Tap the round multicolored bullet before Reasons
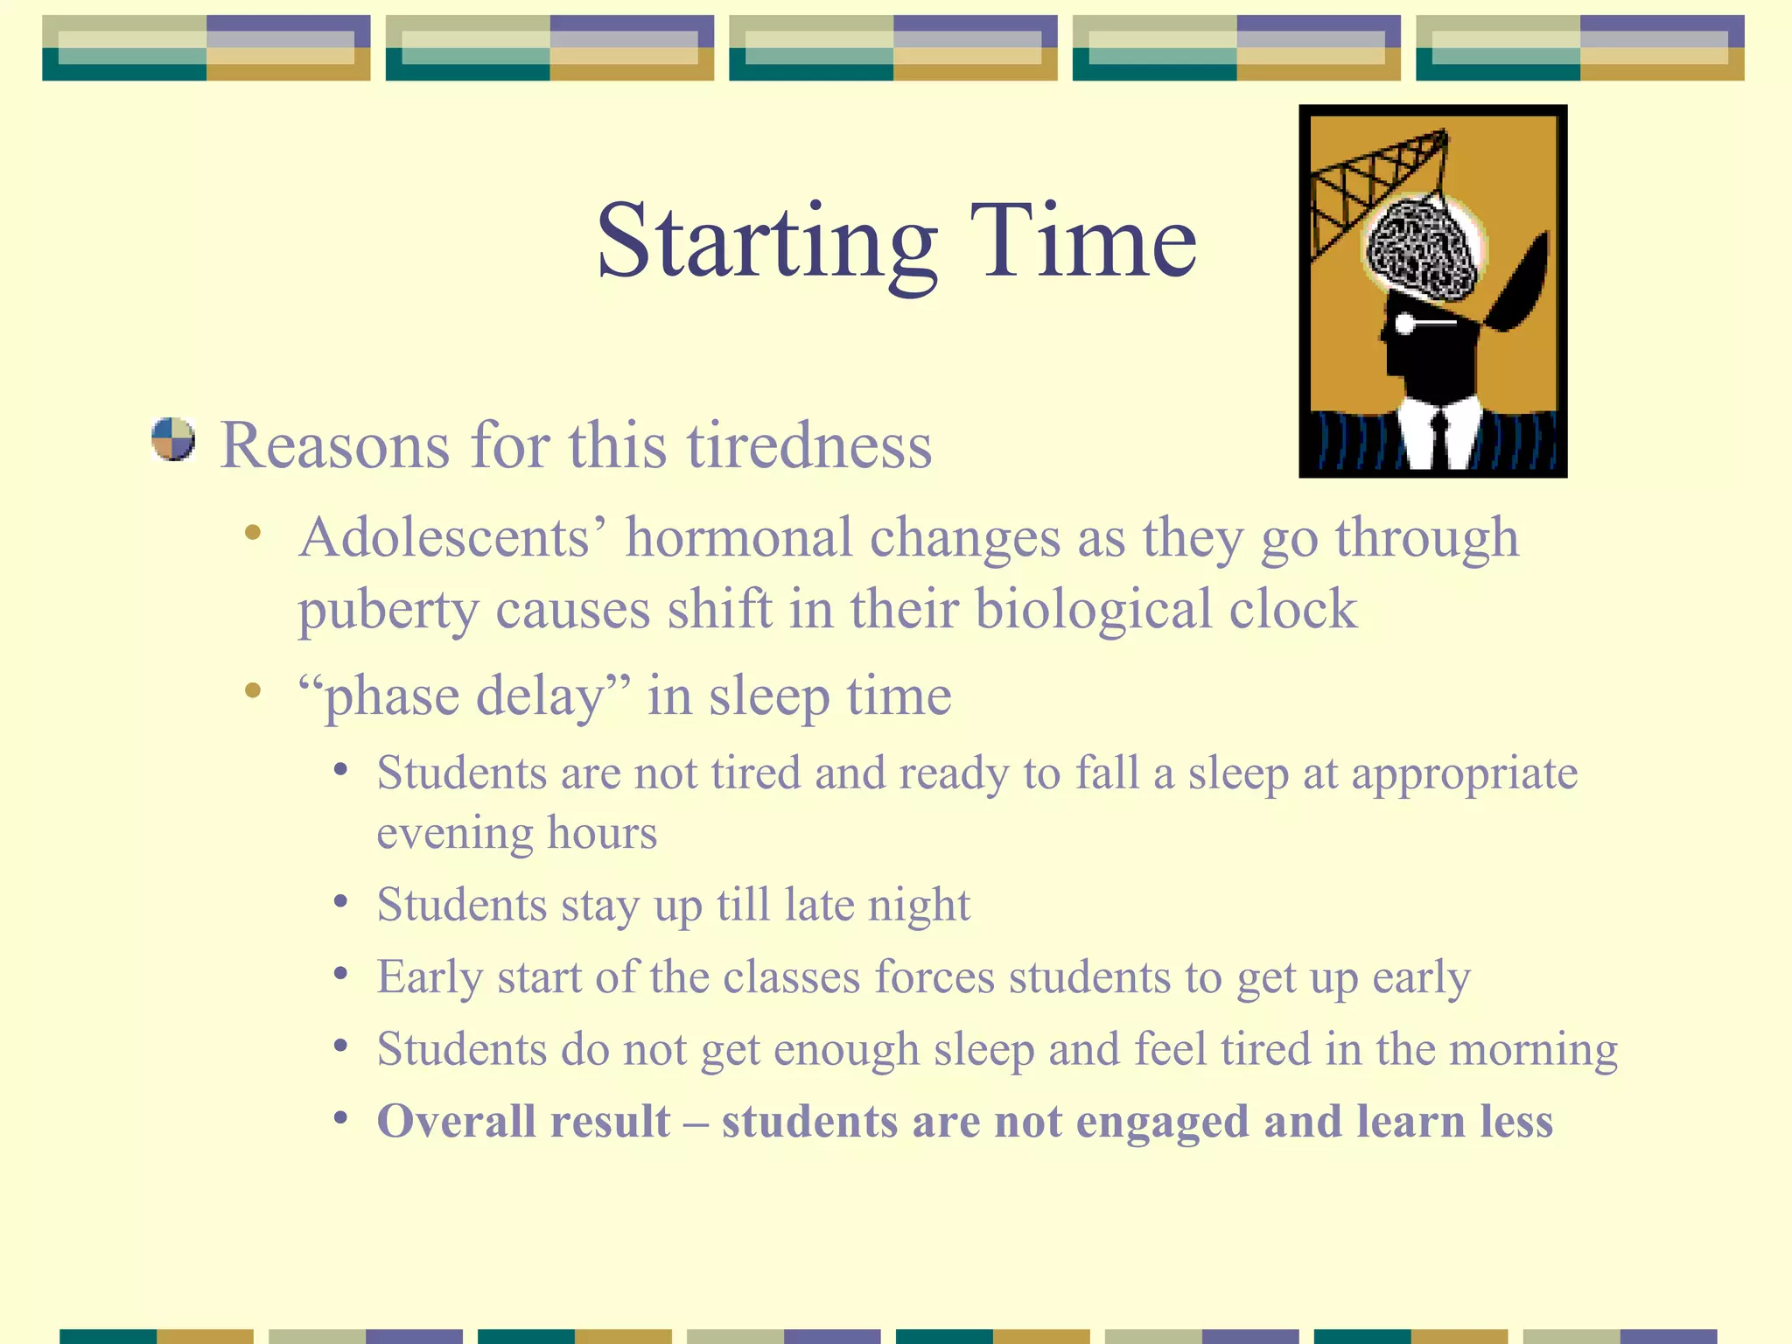click(172, 439)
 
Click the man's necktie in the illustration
click(1438, 437)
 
